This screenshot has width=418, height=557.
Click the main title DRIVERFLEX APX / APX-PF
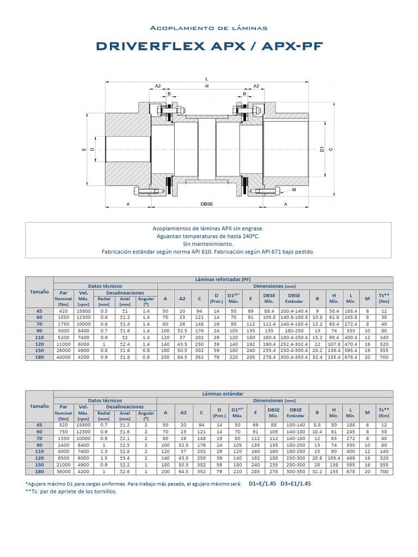(x=209, y=47)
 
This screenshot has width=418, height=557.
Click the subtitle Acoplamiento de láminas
(x=209, y=28)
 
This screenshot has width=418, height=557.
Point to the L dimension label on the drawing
(x=207, y=79)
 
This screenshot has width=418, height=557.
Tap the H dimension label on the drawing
(x=207, y=86)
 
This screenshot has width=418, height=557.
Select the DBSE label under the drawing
(x=207, y=203)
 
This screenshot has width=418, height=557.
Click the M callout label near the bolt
(x=294, y=190)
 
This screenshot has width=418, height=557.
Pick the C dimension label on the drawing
(x=330, y=149)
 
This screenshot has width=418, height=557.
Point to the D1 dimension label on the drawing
(x=322, y=149)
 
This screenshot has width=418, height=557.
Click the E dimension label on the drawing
(x=84, y=149)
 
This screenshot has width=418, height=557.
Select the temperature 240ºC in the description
(x=249, y=237)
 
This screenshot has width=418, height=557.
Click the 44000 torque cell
(x=64, y=357)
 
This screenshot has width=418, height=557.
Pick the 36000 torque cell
(x=64, y=471)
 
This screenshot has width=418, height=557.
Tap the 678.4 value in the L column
(x=351, y=357)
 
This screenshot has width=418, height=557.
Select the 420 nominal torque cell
(x=64, y=311)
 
